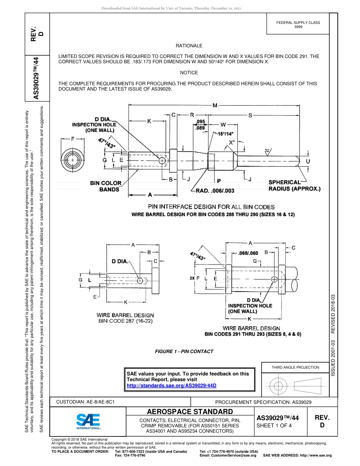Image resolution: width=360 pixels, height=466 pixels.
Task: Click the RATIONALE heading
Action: [x=189, y=46]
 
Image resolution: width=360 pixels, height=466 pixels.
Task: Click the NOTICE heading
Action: [x=189, y=72]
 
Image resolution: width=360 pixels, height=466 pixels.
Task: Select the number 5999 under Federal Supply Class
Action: [x=298, y=27]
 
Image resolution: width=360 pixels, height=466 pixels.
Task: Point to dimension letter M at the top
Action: [x=215, y=106]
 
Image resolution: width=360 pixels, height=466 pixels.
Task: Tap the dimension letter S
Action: [x=250, y=115]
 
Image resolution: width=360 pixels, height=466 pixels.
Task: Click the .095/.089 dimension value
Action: [x=201, y=125]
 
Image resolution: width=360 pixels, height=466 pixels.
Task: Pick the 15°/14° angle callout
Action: [x=226, y=134]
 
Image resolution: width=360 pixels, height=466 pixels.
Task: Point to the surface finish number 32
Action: [x=267, y=151]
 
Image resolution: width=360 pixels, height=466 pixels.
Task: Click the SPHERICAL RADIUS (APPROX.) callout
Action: [x=294, y=185]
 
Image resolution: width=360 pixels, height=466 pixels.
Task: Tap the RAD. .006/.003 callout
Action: [x=215, y=191]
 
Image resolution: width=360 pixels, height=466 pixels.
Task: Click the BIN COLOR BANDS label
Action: [x=106, y=186]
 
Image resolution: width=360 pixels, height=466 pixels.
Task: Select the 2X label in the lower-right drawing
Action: [x=192, y=278]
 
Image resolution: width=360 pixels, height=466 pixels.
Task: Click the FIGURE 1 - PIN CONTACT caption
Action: [x=184, y=351]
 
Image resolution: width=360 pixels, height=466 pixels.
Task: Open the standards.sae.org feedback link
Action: [x=171, y=385]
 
